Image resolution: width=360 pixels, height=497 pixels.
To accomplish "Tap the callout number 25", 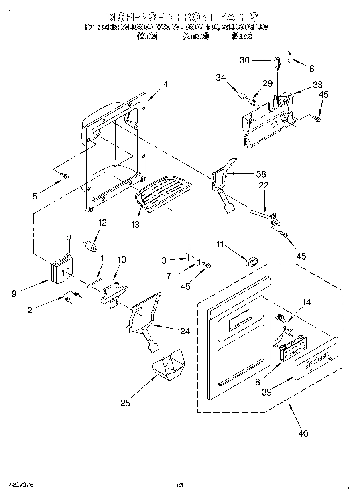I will [x=125, y=402].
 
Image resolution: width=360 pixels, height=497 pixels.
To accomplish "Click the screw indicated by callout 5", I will [x=64, y=176].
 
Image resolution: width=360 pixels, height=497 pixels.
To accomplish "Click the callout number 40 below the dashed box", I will [x=303, y=433].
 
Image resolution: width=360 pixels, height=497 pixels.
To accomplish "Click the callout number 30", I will [x=244, y=60].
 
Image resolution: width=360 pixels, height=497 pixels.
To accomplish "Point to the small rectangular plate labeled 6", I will [x=288, y=57].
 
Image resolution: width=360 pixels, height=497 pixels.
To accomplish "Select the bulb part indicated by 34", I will [x=242, y=97].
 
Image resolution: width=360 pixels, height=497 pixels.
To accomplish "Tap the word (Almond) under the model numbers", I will [x=195, y=36].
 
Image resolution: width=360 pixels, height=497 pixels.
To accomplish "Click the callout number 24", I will [x=185, y=331].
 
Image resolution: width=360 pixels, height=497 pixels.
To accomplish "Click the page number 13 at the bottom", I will [x=179, y=485].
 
